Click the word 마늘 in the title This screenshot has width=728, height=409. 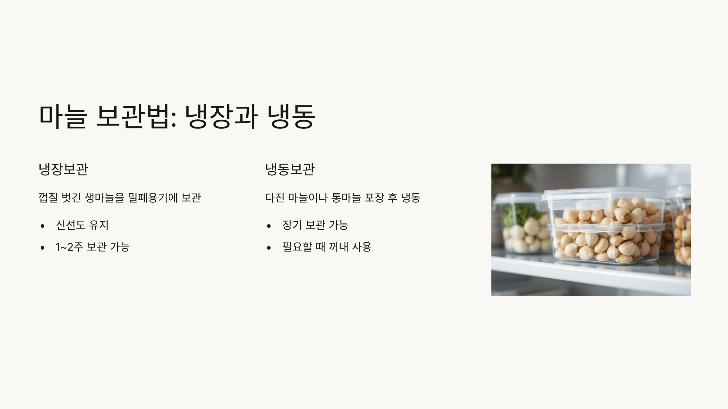coord(63,116)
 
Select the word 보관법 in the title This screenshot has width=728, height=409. coord(136,116)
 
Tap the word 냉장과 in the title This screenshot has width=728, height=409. coord(221,116)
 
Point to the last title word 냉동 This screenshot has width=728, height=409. coord(291,116)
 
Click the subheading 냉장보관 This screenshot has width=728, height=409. coord(63,169)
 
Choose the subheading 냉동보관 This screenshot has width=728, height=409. coord(290,169)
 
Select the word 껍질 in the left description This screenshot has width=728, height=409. coord(48,198)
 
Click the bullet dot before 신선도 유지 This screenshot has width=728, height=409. coord(42,226)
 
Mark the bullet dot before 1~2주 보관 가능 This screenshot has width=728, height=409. coord(42,248)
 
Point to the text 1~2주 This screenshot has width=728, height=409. coord(69,247)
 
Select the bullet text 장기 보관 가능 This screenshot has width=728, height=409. coord(315,225)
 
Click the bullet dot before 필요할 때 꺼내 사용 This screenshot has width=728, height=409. coord(269,248)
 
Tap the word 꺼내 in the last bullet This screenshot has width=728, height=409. coord(338,247)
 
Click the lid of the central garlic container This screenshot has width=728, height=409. coord(602,194)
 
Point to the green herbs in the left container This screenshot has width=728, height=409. coord(519,214)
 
